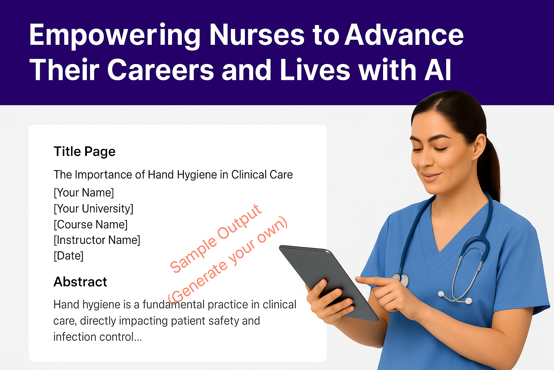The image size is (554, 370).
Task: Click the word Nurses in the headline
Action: tap(257, 35)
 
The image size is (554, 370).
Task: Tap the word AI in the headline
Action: tap(438, 70)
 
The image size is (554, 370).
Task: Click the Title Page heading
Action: tap(84, 151)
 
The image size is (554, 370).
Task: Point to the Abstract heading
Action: tap(80, 282)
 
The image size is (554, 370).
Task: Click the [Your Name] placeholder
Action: tap(84, 193)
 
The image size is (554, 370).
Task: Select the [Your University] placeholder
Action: tap(93, 208)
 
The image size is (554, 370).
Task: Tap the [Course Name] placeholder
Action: tap(91, 224)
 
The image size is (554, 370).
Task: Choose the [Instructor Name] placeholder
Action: tap(97, 240)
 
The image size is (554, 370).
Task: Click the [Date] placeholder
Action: tap(69, 256)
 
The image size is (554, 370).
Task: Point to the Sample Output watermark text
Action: tap(216, 238)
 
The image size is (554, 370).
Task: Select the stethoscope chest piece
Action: tap(403, 279)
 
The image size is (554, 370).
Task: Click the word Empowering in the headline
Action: tap(115, 35)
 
